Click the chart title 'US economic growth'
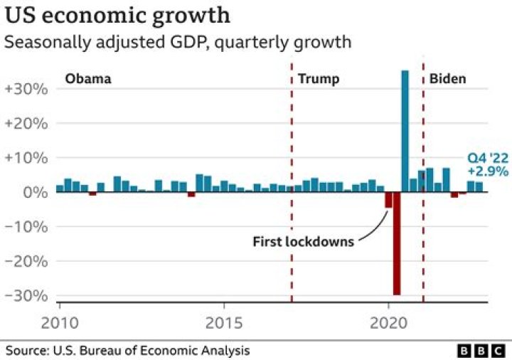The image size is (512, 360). coord(117,15)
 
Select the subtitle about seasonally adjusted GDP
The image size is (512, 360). coord(178,42)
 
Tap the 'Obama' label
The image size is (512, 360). coord(88,78)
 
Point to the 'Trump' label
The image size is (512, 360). coord(318,78)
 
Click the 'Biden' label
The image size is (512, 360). coord(447,78)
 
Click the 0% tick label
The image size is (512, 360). coord(34,192)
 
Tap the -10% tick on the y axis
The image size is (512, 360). coord(27,227)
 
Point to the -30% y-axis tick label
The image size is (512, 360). coord(27,295)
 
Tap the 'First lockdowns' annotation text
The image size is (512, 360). coord(303,242)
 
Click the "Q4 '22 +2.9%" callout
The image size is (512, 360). coord(487,164)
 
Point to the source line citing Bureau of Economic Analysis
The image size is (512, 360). coord(128,351)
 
